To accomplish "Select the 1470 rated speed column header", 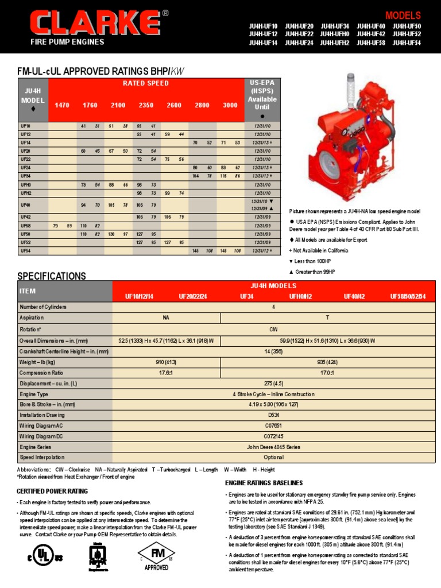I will (62, 105).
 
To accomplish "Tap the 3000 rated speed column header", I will (230, 105).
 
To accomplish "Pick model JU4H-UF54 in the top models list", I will (407, 42).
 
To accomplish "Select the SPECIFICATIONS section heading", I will (52, 276).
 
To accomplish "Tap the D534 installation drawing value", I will (273, 415).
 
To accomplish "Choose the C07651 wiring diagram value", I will (273, 425).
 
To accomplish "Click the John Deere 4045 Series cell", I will (273, 447).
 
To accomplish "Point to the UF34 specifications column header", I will (246, 296).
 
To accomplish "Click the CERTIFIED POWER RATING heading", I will (52, 491).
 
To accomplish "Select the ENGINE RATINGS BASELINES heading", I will (264, 483).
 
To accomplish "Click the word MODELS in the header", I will (403, 16).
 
